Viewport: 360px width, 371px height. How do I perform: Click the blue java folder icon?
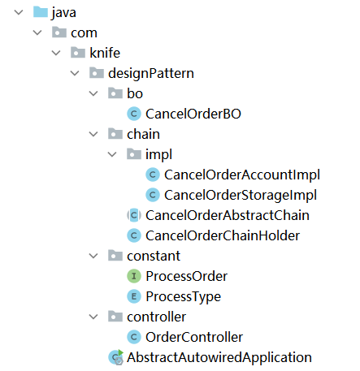click(x=41, y=12)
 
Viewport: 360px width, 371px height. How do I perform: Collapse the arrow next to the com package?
click(x=37, y=32)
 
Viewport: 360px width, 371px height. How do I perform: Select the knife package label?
click(x=105, y=53)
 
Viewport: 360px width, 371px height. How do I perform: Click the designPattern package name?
click(x=151, y=73)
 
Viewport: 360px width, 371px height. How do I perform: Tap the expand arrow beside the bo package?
click(x=93, y=93)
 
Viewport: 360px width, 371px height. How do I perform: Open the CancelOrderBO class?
click(x=193, y=114)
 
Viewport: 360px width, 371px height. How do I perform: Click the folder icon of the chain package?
click(x=115, y=134)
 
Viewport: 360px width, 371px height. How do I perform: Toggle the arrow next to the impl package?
click(x=112, y=154)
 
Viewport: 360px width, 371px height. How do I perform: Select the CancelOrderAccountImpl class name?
click(x=242, y=175)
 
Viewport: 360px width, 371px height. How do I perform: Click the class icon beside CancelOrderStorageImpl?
click(x=153, y=195)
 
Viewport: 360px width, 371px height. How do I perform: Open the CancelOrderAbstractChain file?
click(x=228, y=215)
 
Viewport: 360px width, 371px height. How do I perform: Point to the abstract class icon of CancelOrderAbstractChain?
click(x=134, y=215)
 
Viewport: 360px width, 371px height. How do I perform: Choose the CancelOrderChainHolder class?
click(x=223, y=235)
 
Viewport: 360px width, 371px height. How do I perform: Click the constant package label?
click(x=154, y=256)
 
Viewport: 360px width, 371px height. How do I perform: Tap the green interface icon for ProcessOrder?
click(x=134, y=276)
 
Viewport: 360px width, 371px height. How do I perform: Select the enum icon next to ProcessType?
click(x=134, y=296)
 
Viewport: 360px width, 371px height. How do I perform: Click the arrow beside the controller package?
click(x=93, y=317)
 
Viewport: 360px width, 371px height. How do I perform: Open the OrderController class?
click(x=194, y=337)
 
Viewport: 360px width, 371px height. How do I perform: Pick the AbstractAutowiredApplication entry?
click(x=219, y=357)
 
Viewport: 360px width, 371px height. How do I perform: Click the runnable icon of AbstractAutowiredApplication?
click(x=116, y=357)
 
